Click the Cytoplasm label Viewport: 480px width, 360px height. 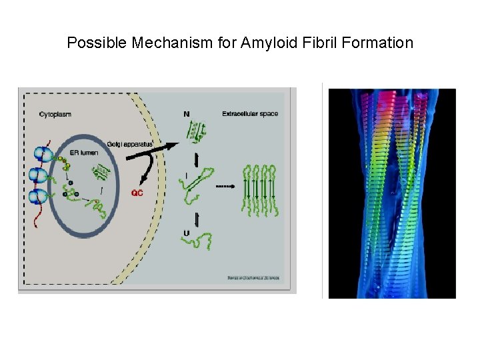click(55, 114)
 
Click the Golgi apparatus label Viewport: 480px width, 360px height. click(131, 144)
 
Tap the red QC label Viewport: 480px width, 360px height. click(137, 193)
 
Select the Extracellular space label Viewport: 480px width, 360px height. click(251, 114)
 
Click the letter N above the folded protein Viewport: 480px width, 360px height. click(186, 115)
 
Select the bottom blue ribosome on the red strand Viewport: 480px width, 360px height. click(39, 197)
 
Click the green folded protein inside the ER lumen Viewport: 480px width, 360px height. click(101, 174)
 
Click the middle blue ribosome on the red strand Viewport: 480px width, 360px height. click(39, 177)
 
